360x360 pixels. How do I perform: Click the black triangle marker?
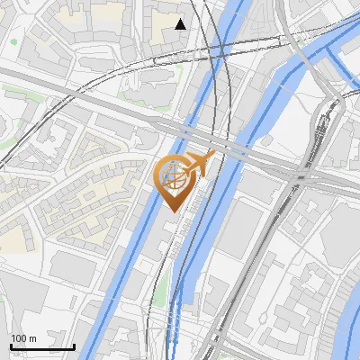click(x=181, y=24)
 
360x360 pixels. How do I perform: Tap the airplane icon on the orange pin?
click(x=200, y=165)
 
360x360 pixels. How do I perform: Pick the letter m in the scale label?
click(x=33, y=338)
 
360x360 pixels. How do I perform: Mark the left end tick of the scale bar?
click(x=11, y=346)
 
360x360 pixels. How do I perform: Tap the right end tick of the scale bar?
click(x=74, y=346)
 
